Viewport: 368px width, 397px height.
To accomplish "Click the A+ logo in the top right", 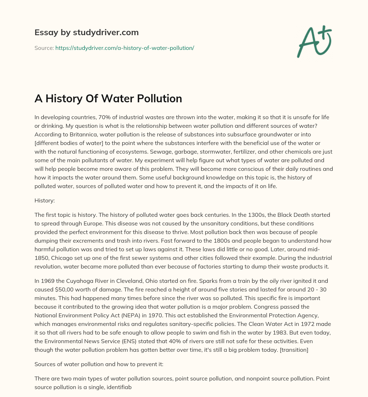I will point(314,42).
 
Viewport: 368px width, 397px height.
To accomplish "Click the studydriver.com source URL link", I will point(125,48).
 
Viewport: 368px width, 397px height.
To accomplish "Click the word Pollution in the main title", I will point(159,98).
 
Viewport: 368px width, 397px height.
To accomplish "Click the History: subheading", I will point(45,201).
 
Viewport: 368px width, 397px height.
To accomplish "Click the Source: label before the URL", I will point(44,48).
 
